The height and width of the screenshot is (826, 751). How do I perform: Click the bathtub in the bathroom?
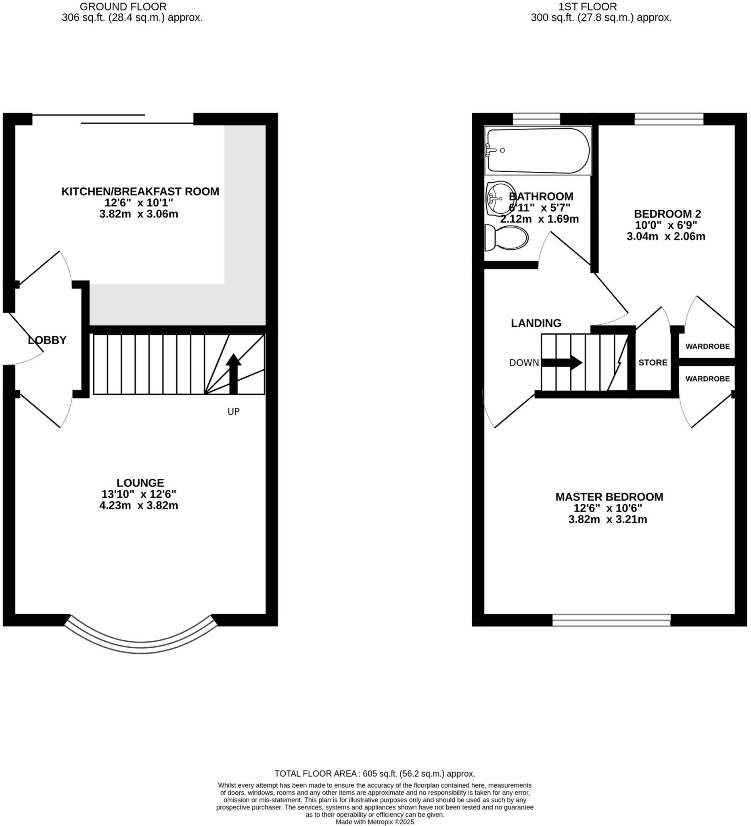(x=538, y=150)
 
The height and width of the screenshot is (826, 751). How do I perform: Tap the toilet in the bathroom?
(x=507, y=238)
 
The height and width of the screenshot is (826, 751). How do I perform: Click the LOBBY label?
(x=47, y=340)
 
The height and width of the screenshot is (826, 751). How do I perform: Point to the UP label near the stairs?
(x=233, y=411)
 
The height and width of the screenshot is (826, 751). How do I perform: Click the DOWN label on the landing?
(x=523, y=363)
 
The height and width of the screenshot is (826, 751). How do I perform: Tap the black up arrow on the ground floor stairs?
(x=233, y=373)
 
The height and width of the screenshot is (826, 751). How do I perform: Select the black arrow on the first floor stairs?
(x=562, y=363)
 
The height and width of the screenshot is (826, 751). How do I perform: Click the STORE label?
(x=653, y=363)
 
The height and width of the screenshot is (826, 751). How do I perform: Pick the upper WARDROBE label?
(x=707, y=346)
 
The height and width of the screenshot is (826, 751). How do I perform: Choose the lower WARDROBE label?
(x=707, y=379)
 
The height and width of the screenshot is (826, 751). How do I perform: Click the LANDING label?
(x=536, y=323)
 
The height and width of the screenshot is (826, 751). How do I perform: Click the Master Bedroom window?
(x=611, y=620)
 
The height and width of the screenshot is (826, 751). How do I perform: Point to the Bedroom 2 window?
(x=669, y=119)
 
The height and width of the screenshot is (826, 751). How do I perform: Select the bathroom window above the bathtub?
(x=536, y=119)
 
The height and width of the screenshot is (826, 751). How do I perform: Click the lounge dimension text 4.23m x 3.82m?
(x=138, y=505)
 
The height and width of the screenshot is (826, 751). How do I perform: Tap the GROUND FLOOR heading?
(x=123, y=6)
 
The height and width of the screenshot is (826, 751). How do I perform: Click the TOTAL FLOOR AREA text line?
(x=374, y=774)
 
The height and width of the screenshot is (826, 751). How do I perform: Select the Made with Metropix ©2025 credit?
(x=374, y=822)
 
